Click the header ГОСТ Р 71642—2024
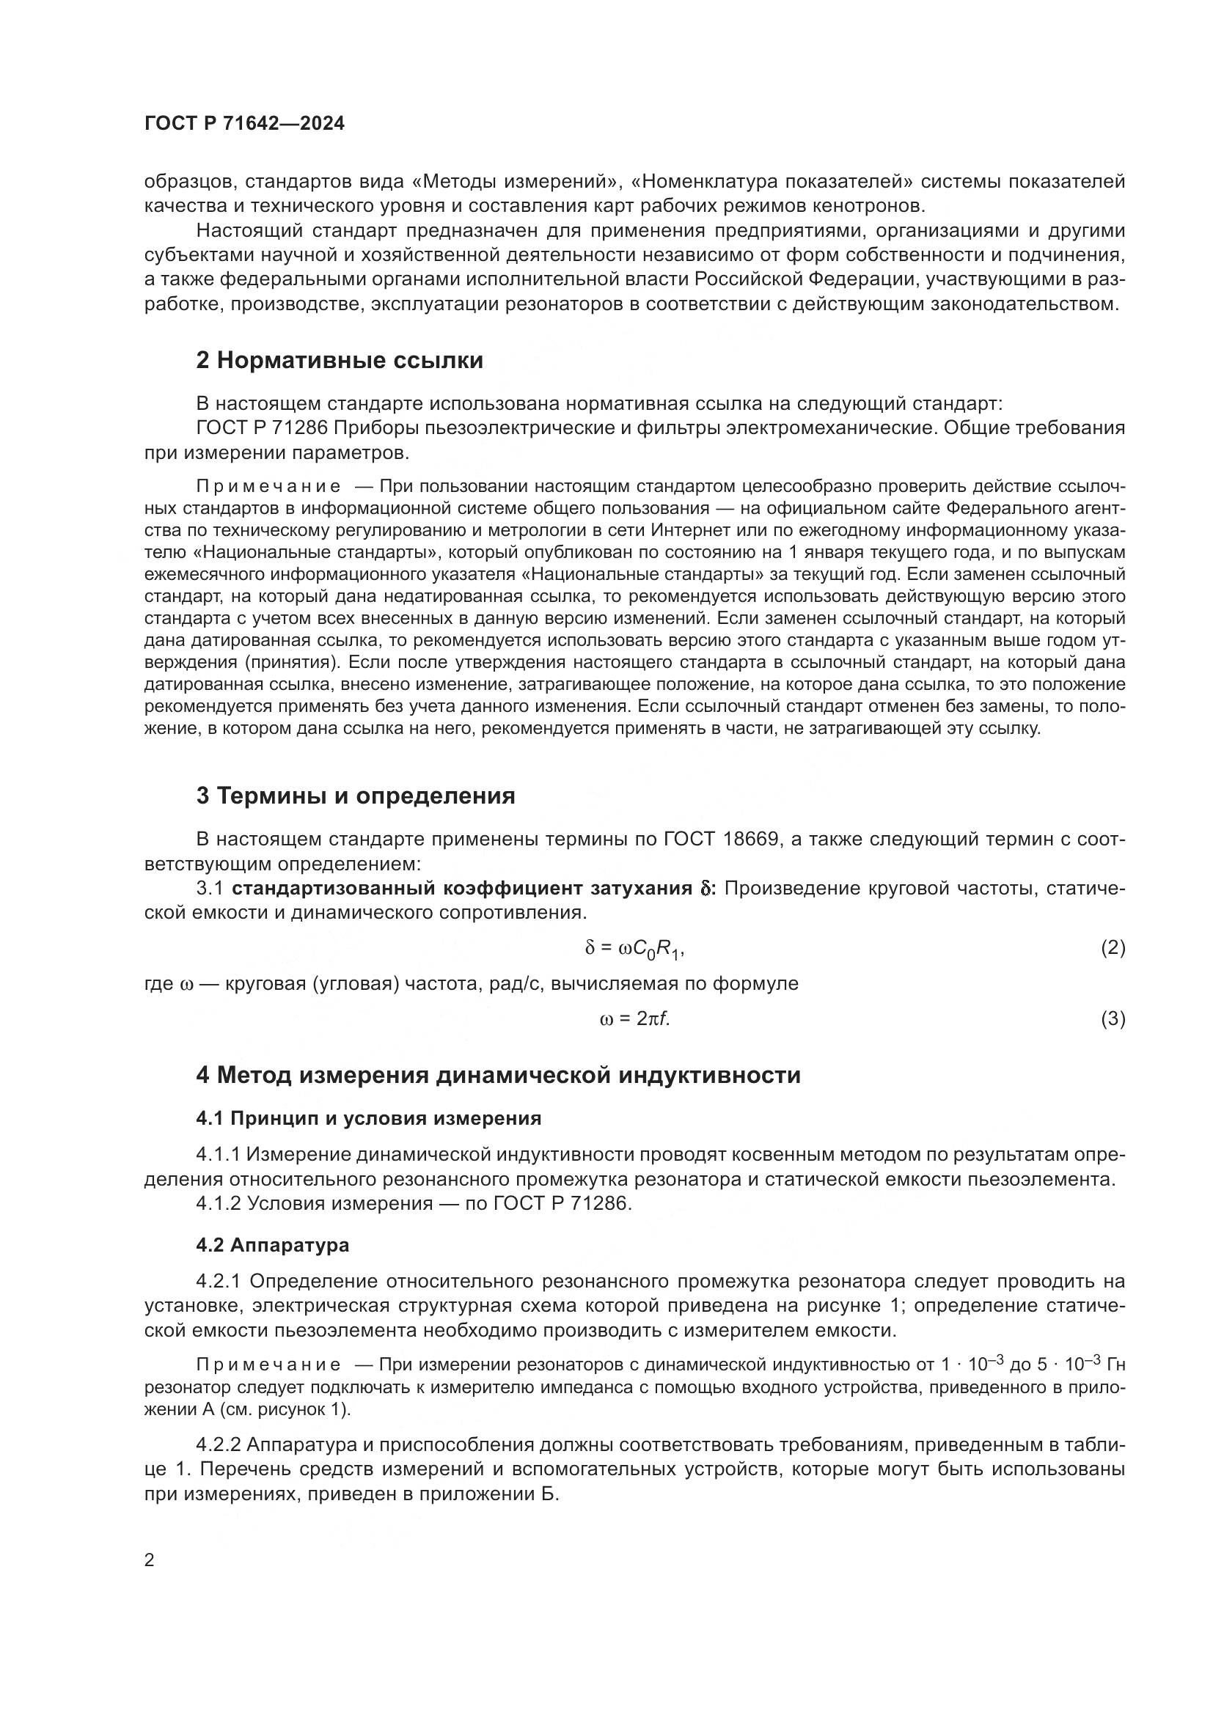pyautogui.click(x=244, y=124)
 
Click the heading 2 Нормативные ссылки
pyautogui.click(x=339, y=361)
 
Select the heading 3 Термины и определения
pyautogui.click(x=356, y=796)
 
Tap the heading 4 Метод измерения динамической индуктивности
pyautogui.click(x=498, y=1076)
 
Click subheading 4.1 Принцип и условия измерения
pyautogui.click(x=368, y=1118)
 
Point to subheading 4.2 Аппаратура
pyautogui.click(x=273, y=1245)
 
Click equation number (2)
pyautogui.click(x=1113, y=949)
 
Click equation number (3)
pyautogui.click(x=1113, y=1019)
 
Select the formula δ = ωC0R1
pyautogui.click(x=634, y=949)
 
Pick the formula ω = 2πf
pyautogui.click(x=634, y=1019)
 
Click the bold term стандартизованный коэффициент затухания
pyautogui.click(x=461, y=888)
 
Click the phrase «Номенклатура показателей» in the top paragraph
pyautogui.click(x=773, y=182)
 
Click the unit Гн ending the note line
pyautogui.click(x=1115, y=1365)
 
